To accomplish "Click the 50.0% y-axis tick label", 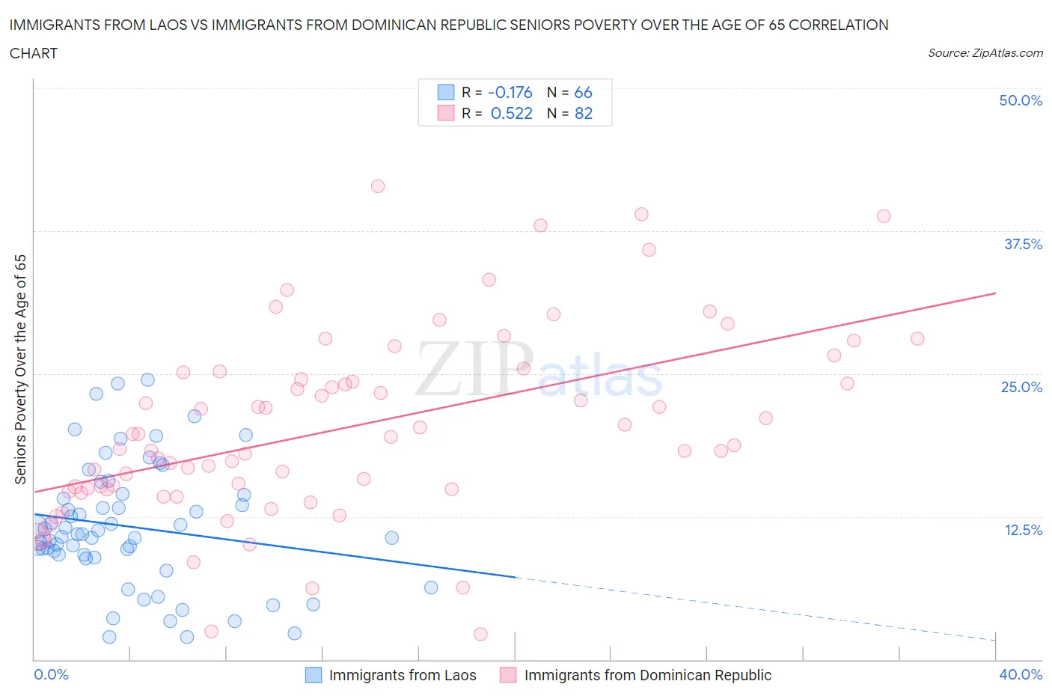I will click(1021, 100).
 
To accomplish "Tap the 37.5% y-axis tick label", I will click(1023, 244).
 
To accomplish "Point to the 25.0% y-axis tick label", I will click(1021, 387).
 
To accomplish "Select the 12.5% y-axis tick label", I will click(1023, 530).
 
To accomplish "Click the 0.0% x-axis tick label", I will click(51, 674).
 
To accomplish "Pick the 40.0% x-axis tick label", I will click(1021, 674).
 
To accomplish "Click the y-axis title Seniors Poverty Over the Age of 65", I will click(21, 369).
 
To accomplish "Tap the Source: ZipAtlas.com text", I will click(985, 53).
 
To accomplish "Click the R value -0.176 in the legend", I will click(510, 92).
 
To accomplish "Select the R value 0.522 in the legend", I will click(511, 113).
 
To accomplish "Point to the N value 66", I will click(583, 92).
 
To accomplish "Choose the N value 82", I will click(583, 113).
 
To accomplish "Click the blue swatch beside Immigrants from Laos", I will click(314, 675).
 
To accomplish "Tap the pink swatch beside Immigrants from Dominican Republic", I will click(508, 675).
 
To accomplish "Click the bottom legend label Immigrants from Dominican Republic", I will click(647, 675).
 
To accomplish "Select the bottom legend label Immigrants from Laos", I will click(403, 675).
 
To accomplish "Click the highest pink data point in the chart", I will click(378, 186).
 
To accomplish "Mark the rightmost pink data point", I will click(917, 338).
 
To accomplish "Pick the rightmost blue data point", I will click(431, 587).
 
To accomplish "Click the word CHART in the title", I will click(34, 53).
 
